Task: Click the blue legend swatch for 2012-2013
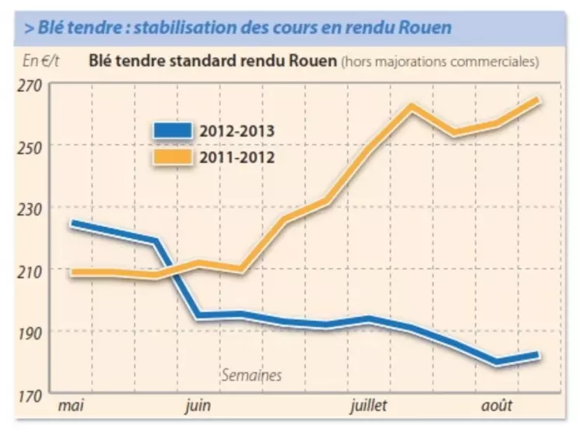click(x=174, y=131)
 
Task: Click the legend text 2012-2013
click(x=236, y=130)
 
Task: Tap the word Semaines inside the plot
click(x=252, y=375)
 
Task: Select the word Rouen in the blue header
click(x=422, y=28)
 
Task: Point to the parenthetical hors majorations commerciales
click(x=439, y=60)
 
